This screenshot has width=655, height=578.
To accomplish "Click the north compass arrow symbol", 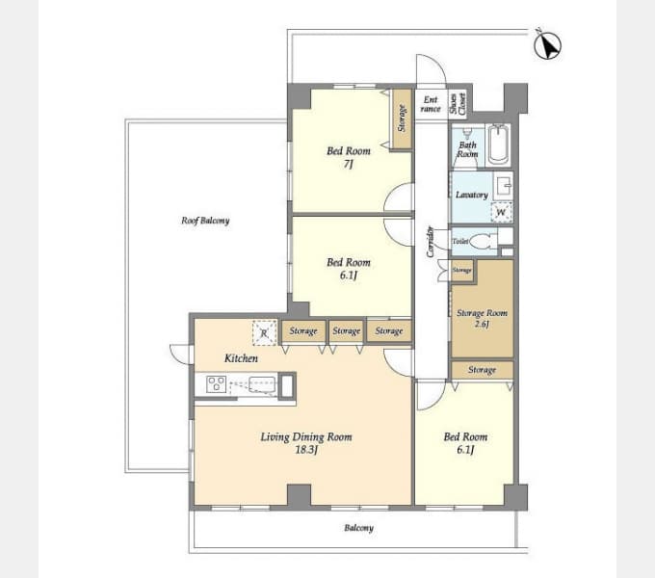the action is point(548,45).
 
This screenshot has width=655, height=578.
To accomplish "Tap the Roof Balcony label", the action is point(205,221).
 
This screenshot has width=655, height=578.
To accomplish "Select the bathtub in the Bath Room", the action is point(499,144).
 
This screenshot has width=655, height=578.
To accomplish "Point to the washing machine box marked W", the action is point(501,212).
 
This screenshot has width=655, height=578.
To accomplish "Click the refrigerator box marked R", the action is point(265,333).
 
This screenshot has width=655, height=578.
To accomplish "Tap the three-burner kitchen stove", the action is point(217,383).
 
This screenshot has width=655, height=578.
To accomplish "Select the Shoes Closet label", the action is point(458,104).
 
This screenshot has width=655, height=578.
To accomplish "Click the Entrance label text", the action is point(431,104).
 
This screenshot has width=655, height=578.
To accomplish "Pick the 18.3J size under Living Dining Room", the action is point(306,450).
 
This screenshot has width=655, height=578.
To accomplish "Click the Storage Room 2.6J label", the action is point(482,318).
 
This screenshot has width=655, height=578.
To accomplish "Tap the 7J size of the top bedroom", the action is point(349,164).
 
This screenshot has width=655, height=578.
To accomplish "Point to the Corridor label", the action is point(430,242).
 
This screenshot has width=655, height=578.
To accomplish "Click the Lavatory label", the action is point(472,195).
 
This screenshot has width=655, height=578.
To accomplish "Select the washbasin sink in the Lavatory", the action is point(504,185).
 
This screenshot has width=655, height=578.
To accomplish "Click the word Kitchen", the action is point(241,358).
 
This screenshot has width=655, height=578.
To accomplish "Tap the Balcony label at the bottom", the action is point(359,528).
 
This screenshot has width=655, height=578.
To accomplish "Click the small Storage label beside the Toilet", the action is point(461,270).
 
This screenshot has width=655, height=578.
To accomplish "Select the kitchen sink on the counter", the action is point(262,384).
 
